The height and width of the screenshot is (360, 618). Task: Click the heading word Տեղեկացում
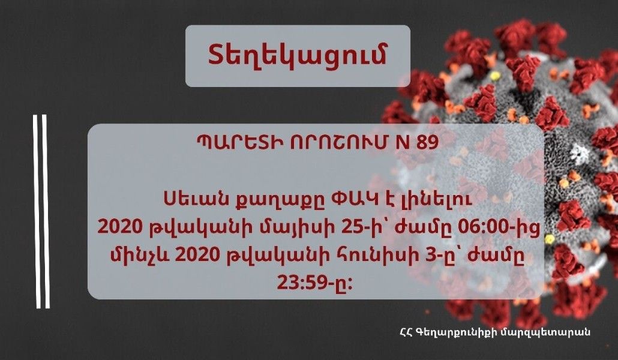tap(298, 55)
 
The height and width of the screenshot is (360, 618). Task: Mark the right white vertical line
tap(46, 210)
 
